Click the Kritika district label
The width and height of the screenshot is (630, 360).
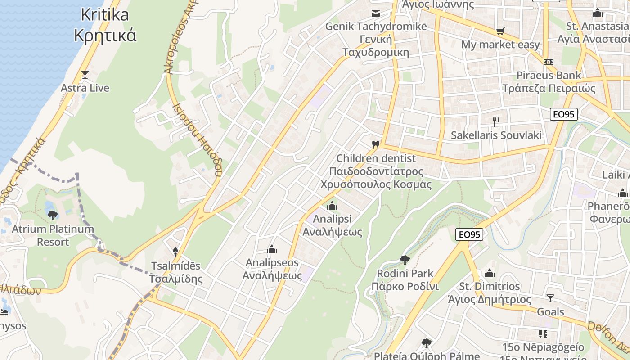pos(105,25)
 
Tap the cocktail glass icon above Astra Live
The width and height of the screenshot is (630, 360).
pos(85,74)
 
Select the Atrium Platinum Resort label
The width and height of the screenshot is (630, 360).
pos(53,235)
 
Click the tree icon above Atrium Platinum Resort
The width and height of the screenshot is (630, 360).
pos(53,215)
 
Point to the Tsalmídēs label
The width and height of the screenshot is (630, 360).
pos(175,272)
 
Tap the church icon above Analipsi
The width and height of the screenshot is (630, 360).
pos(332,206)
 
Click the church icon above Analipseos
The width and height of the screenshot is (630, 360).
pos(272,249)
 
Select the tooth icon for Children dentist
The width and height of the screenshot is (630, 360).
pos(375,145)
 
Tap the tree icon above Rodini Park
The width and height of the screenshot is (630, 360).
pos(405,260)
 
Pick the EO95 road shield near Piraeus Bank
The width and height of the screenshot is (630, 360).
pos(563,114)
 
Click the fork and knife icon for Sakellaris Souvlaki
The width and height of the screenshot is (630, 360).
pos(496,121)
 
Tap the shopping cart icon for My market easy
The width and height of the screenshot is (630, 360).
pos(500,31)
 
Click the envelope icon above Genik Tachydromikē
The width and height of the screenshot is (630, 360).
pos(375,13)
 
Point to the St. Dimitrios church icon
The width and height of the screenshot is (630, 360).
pos(490,273)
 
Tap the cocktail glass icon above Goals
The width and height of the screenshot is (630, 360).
pos(550,298)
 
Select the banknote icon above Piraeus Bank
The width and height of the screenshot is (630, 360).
pos(548,62)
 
